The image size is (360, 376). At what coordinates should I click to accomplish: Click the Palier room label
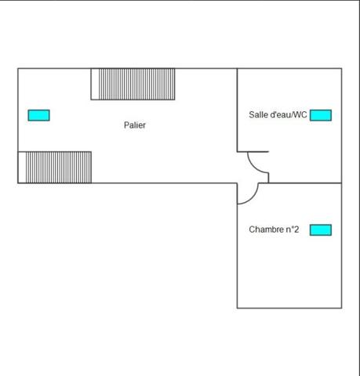pyautogui.click(x=135, y=125)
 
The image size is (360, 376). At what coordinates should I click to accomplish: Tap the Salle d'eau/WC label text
pyautogui.click(x=278, y=114)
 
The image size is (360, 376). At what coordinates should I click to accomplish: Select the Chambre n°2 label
pyautogui.click(x=274, y=230)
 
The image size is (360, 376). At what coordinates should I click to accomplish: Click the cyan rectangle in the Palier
pyautogui.click(x=39, y=115)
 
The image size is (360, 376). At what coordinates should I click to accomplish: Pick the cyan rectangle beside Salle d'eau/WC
pyautogui.click(x=321, y=115)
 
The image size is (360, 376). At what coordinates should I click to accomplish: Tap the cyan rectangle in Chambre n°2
pyautogui.click(x=321, y=230)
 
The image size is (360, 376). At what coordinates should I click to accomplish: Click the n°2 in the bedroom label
pyautogui.click(x=293, y=230)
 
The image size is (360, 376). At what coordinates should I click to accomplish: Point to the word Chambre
pyautogui.click(x=266, y=230)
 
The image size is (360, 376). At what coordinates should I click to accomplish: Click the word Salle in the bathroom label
pyautogui.click(x=256, y=114)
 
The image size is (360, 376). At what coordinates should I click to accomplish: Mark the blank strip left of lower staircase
pyautogui.click(x=22, y=168)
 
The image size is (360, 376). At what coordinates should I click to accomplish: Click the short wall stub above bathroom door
pyautogui.click(x=253, y=151)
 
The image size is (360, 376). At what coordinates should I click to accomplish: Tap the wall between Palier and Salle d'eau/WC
pyautogui.click(x=237, y=110)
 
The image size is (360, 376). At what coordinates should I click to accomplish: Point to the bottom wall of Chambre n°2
pyautogui.click(x=289, y=308)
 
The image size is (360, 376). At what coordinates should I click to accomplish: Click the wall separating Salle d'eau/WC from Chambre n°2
pyautogui.click(x=300, y=183)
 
